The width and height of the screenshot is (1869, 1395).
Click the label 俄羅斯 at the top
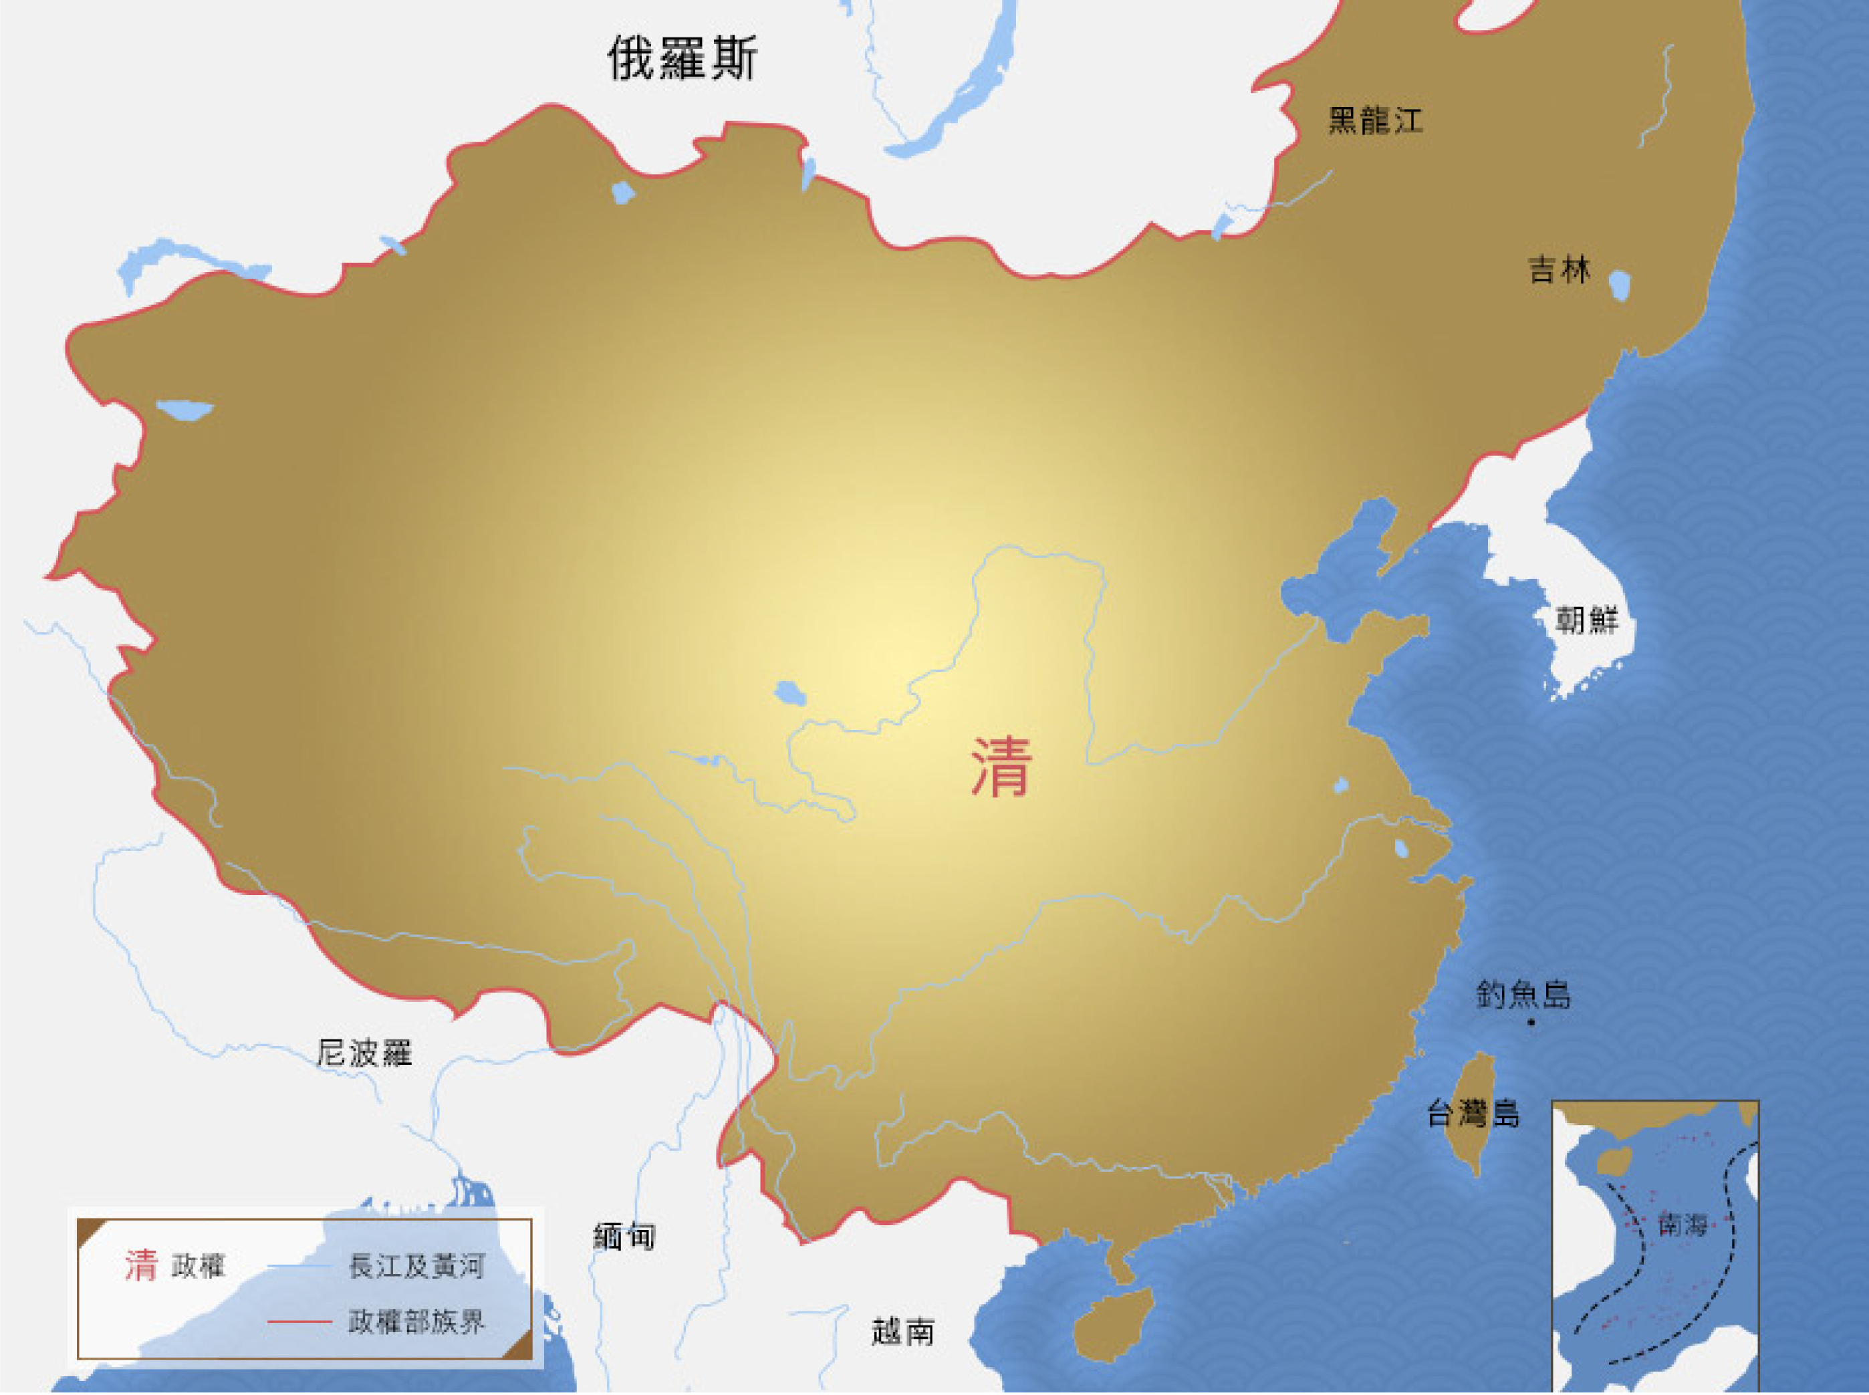pyautogui.click(x=682, y=58)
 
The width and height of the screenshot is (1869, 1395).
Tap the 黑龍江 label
pyautogui.click(x=1375, y=121)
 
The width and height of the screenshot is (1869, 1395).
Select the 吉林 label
pyautogui.click(x=1559, y=270)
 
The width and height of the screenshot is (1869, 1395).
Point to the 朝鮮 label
pyautogui.click(x=1587, y=621)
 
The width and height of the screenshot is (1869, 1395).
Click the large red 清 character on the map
pyautogui.click(x=1001, y=767)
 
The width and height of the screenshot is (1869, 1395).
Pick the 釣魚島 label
pyautogui.click(x=1523, y=995)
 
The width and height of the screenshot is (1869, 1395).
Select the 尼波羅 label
pyautogui.click(x=364, y=1053)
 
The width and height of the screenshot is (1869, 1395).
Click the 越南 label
pyautogui.click(x=903, y=1333)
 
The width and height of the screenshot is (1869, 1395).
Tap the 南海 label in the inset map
pyautogui.click(x=1683, y=1225)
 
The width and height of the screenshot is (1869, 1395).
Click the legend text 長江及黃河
pyautogui.click(x=416, y=1267)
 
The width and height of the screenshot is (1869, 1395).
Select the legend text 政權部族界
pyautogui.click(x=416, y=1321)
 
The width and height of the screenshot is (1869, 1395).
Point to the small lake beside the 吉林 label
pyautogui.click(x=1619, y=285)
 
